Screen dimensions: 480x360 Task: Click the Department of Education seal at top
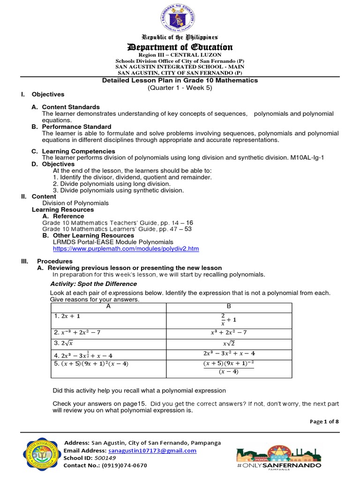pos(180,17)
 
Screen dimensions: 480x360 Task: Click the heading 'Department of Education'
pos(180,47)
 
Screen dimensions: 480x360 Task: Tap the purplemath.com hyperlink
pos(126,248)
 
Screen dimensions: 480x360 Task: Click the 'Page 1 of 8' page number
pos(324,421)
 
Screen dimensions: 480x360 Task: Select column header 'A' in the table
pos(109,306)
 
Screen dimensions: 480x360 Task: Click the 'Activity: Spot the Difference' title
pos(93,284)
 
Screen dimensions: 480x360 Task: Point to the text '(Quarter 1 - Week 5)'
pos(180,88)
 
